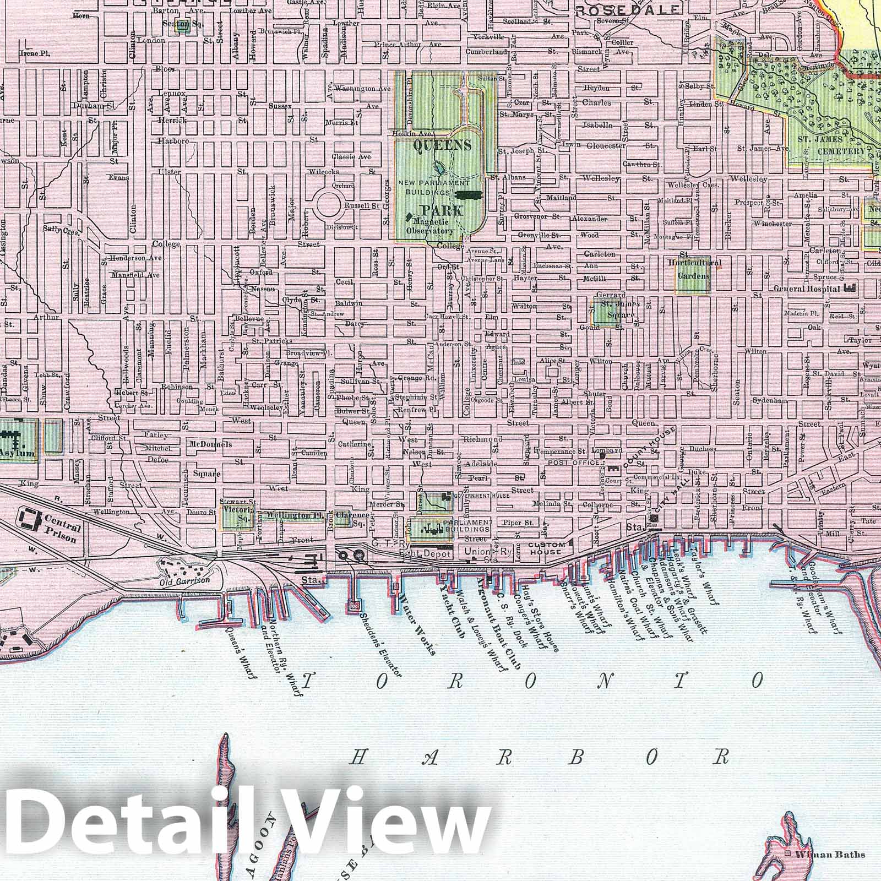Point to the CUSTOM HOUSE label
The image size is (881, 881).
pyautogui.click(x=545, y=548)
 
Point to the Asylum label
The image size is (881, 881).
pyautogui.click(x=17, y=455)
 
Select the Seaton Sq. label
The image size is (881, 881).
pyautogui.click(x=177, y=24)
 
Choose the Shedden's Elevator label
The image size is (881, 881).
pyautogui.click(x=381, y=645)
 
